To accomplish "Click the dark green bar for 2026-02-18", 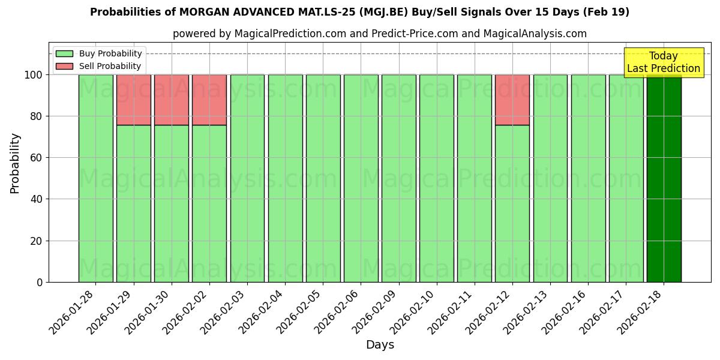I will (664, 178).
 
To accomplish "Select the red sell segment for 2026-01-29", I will (133, 100).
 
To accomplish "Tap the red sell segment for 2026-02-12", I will (512, 100).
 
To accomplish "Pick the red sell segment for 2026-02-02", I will (209, 100).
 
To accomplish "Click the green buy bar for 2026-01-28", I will (95, 178).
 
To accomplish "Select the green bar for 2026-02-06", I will (361, 178).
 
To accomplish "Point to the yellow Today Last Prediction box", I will (663, 62).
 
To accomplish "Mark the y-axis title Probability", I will (15, 163).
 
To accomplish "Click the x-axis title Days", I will (380, 345).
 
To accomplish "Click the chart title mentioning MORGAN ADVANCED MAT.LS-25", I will (359, 12).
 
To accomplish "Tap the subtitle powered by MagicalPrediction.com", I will (379, 34).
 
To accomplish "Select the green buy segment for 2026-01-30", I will (172, 203).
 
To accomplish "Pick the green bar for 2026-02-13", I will (550, 178).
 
